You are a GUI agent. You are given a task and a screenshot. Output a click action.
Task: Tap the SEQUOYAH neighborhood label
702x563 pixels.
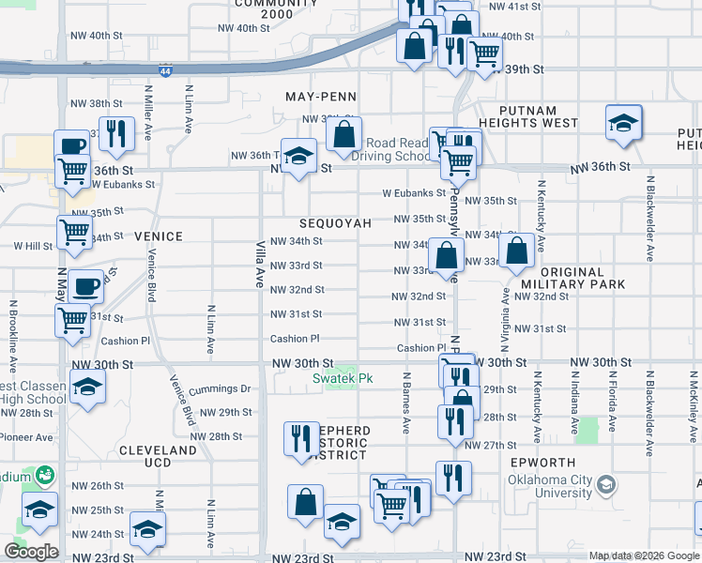coord(335,224)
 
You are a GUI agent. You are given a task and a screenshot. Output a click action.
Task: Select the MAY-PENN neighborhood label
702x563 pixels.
coord(320,97)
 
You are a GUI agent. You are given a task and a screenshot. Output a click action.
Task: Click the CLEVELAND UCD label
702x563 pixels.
coord(158,457)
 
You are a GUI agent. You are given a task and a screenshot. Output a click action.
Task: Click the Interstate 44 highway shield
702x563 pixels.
coord(165,69)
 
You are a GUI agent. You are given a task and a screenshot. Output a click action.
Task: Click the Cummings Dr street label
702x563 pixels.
coord(221,388)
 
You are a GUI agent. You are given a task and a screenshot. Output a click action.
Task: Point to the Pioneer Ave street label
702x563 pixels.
coord(26,437)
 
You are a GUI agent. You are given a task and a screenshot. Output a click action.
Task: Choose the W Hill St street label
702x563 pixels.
coord(33,245)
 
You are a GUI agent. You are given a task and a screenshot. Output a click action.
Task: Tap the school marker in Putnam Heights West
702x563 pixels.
coord(623,124)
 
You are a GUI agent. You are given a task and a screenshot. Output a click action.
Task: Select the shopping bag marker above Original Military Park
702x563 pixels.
coord(517,251)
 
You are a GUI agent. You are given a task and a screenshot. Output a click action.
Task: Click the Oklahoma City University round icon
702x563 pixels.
coord(606,485)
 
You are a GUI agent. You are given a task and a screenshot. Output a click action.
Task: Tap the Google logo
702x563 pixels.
coord(32,552)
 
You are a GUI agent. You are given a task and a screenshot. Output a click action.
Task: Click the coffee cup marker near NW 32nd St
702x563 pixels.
coord(85,285)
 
